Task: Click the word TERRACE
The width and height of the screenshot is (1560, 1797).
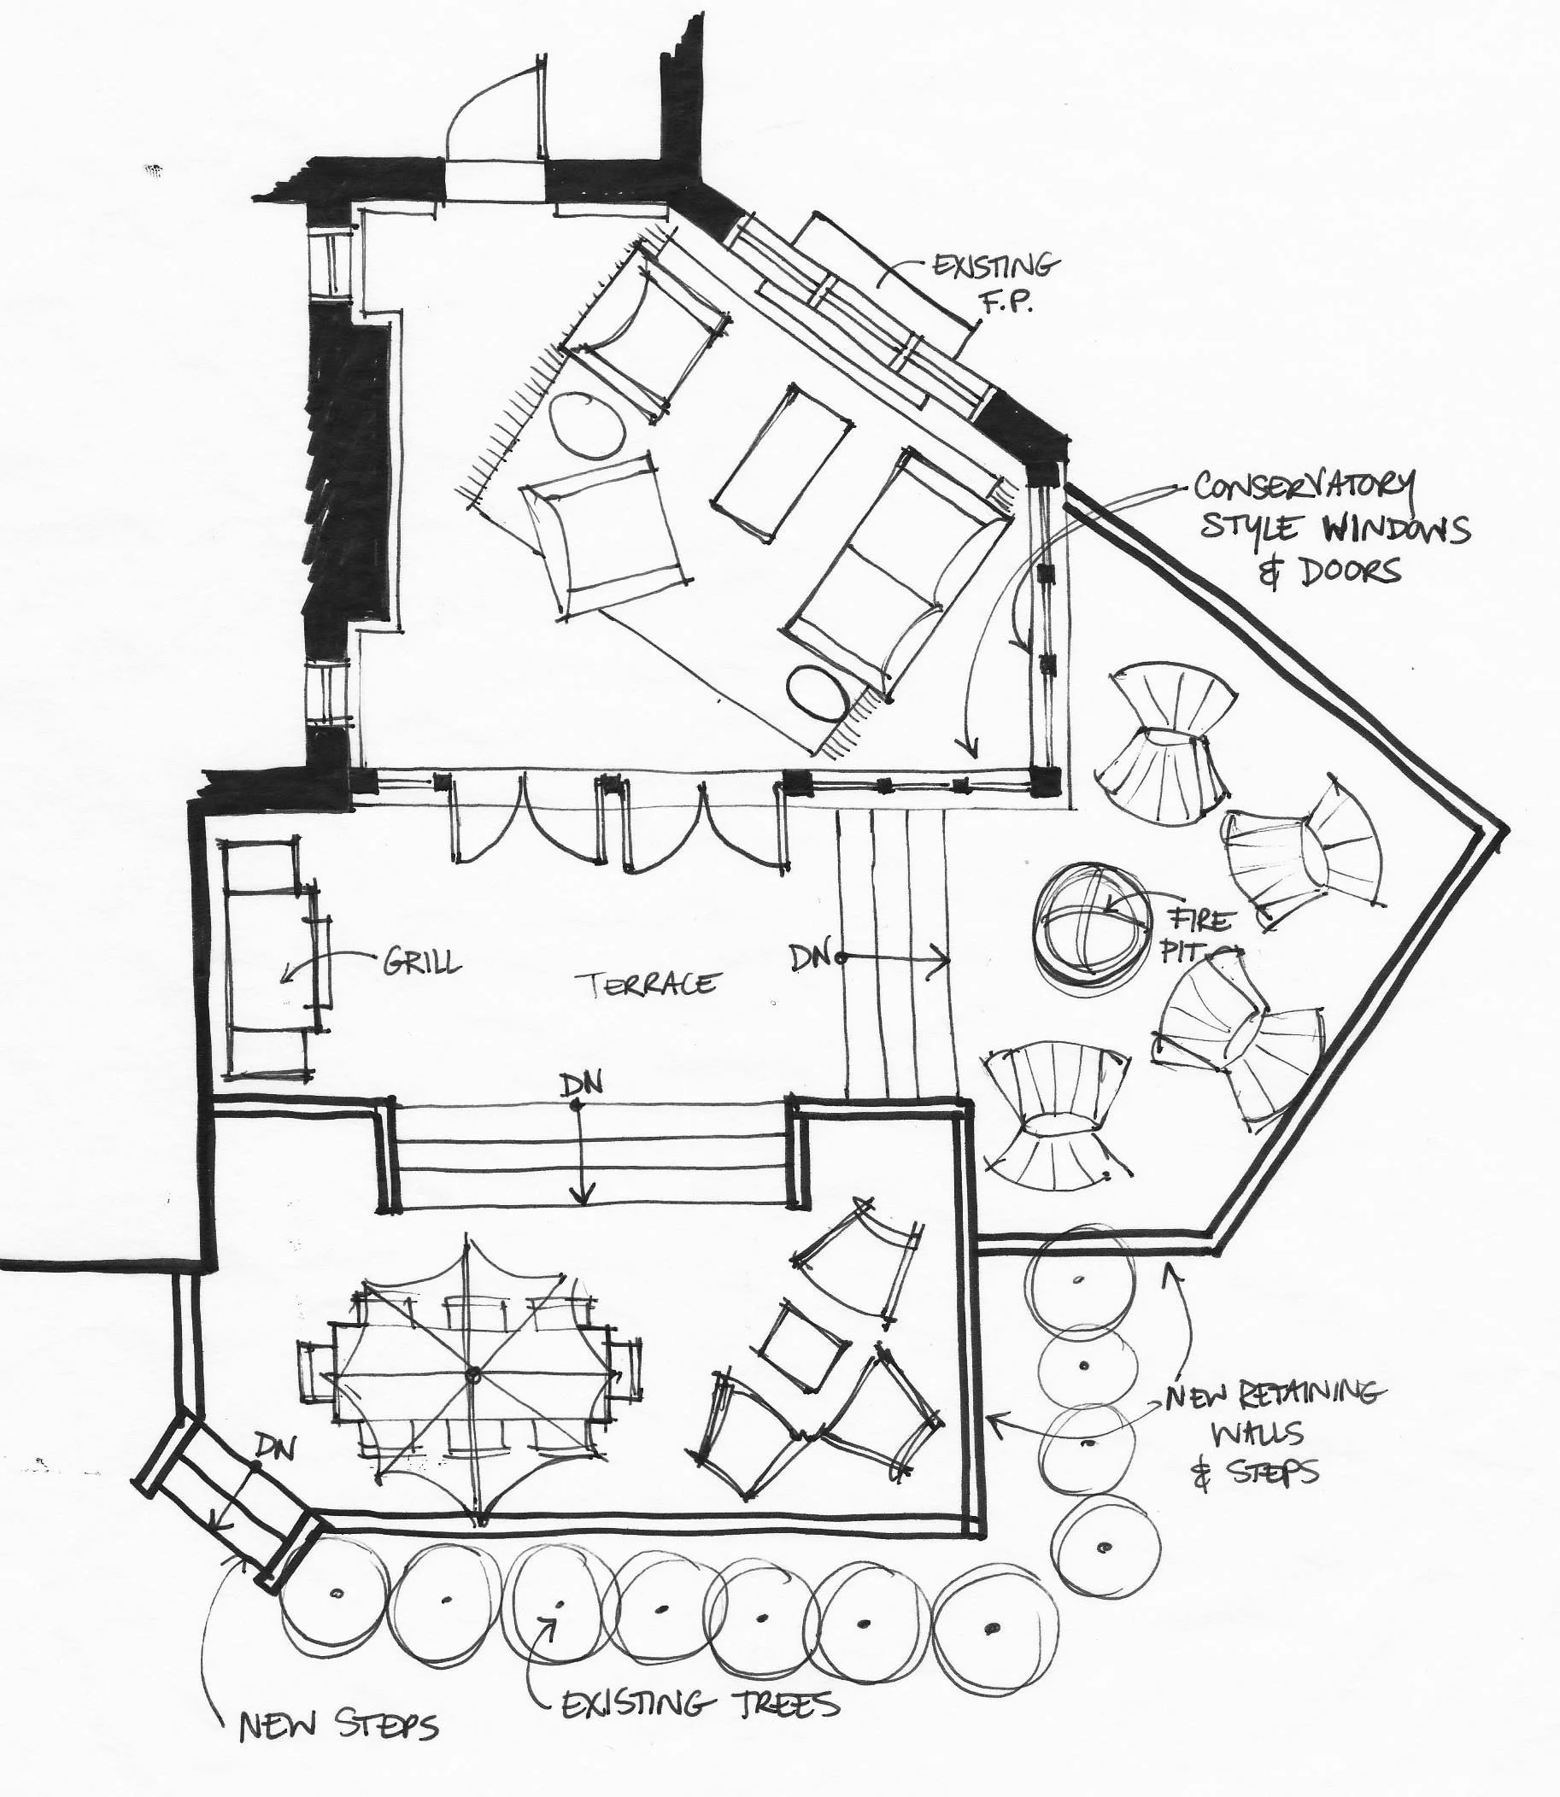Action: (x=652, y=983)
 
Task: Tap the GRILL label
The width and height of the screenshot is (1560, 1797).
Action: (x=421, y=962)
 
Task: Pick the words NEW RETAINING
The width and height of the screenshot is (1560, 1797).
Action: (x=1272, y=1395)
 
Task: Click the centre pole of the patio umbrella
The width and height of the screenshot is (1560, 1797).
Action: (x=473, y=1376)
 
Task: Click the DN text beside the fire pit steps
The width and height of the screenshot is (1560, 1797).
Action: (x=811, y=957)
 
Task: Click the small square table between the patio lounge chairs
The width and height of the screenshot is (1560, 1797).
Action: (x=798, y=1343)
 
